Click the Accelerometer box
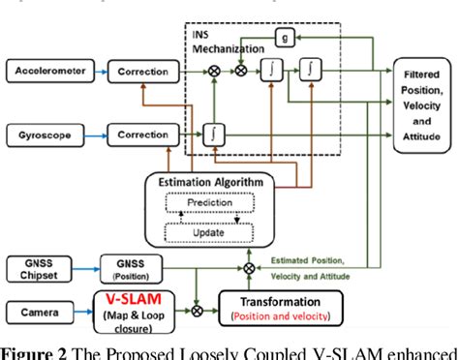(x=47, y=71)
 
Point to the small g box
(x=284, y=37)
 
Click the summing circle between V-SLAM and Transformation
(x=199, y=312)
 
